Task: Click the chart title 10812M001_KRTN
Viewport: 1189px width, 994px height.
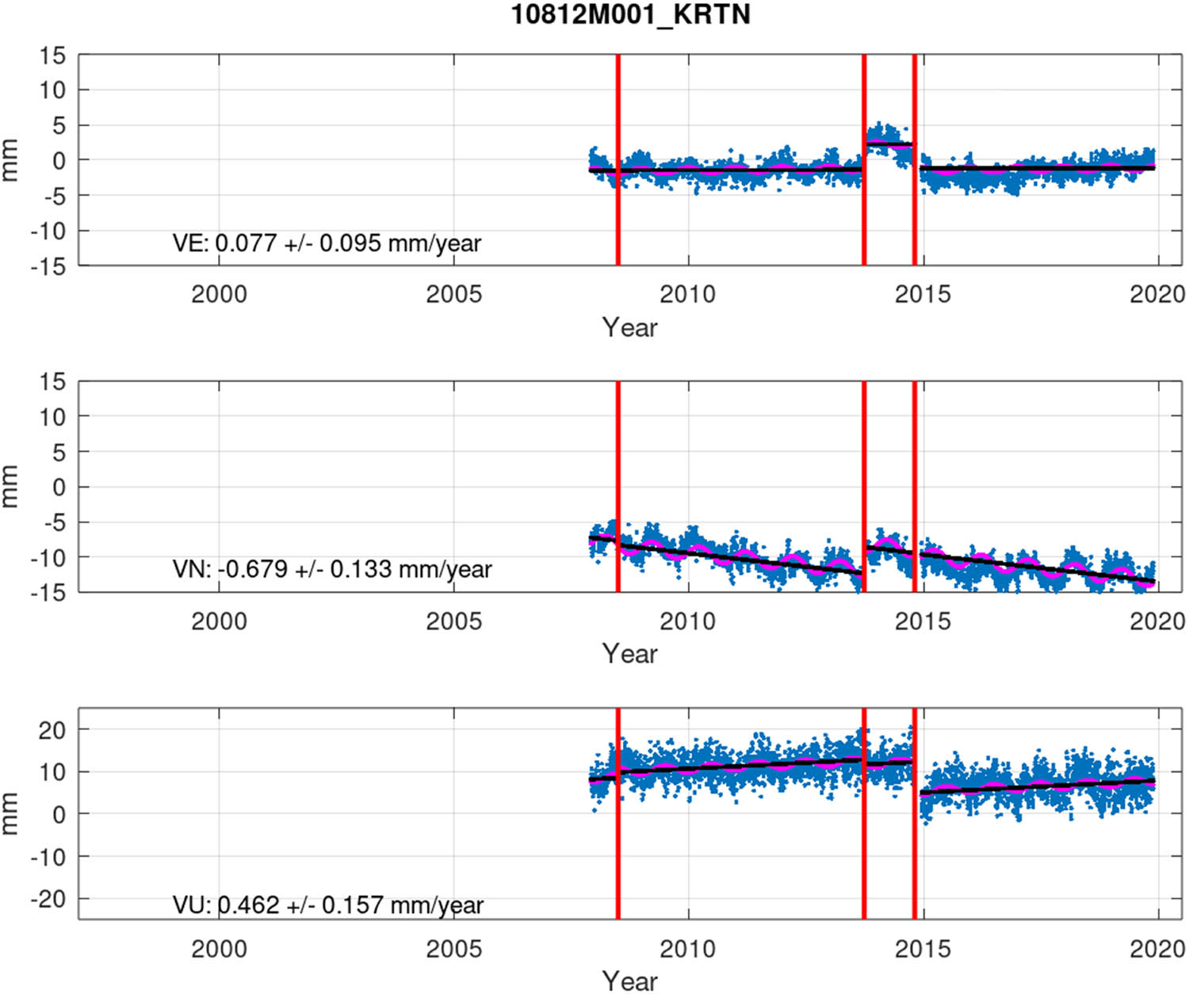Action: (630, 15)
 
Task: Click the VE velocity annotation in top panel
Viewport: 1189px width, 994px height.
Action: (327, 243)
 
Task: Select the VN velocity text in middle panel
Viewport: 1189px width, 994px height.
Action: (332, 569)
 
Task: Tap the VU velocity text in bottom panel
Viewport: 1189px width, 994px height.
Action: (327, 905)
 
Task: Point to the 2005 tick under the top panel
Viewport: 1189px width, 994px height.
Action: (453, 295)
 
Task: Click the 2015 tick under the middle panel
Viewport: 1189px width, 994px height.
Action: (922, 621)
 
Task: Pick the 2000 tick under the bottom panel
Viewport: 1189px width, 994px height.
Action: (219, 949)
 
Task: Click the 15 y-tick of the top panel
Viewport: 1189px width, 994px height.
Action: (52, 55)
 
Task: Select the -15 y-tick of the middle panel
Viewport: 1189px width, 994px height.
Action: (48, 592)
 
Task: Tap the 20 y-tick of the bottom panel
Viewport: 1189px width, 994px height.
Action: (52, 730)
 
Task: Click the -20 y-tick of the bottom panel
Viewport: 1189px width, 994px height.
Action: (48, 899)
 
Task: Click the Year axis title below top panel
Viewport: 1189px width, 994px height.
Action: (629, 327)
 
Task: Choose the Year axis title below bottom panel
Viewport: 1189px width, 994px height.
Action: (629, 981)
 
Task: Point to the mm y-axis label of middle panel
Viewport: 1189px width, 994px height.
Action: (10, 486)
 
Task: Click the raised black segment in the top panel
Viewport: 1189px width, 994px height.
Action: (889, 144)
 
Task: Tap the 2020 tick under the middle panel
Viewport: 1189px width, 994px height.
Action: (1157, 621)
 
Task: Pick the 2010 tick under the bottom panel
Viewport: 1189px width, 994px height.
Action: (687, 949)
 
